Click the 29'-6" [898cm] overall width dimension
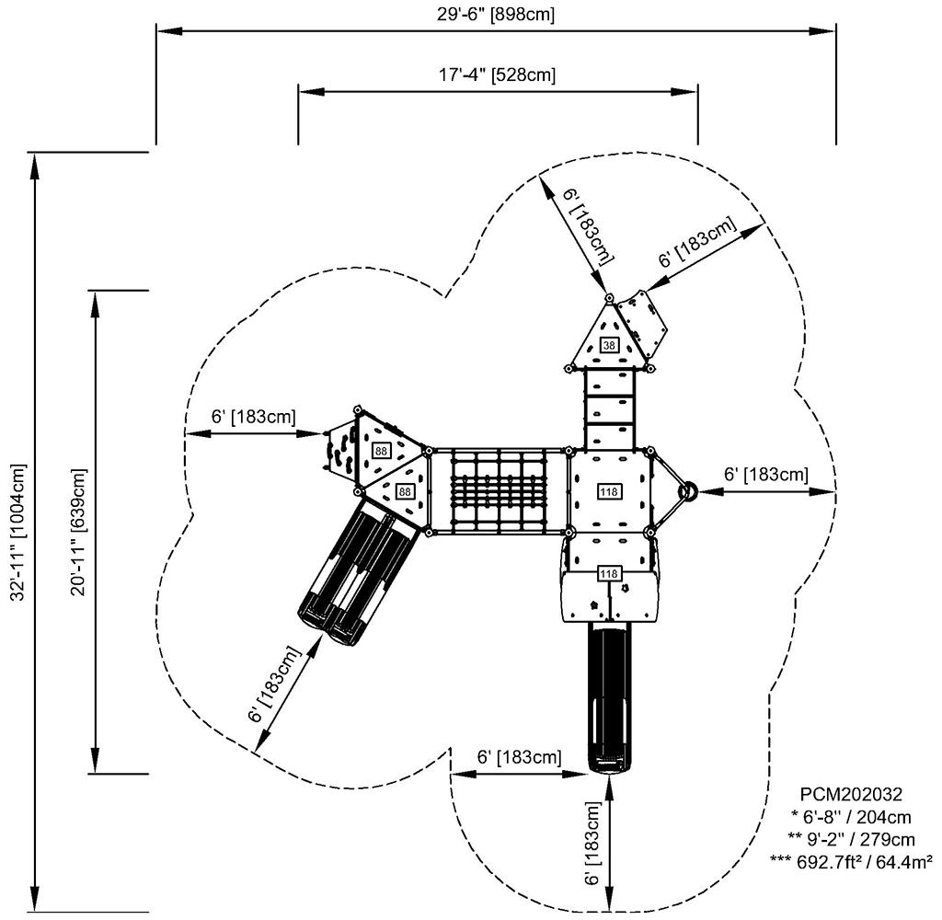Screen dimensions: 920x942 click(495, 15)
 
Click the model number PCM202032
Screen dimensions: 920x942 click(851, 794)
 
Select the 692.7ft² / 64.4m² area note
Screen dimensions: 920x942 click(851, 861)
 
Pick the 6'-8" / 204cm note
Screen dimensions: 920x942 click(851, 816)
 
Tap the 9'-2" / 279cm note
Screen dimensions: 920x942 click(851, 838)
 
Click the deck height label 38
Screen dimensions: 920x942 click(609, 345)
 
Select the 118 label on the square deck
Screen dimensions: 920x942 click(608, 490)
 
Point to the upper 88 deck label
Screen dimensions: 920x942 click(380, 451)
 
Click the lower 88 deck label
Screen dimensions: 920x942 click(404, 492)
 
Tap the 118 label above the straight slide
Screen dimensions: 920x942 click(608, 574)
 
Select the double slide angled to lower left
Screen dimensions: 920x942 click(356, 570)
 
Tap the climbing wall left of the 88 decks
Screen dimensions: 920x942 click(339, 448)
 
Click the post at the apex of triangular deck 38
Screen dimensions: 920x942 click(608, 297)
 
